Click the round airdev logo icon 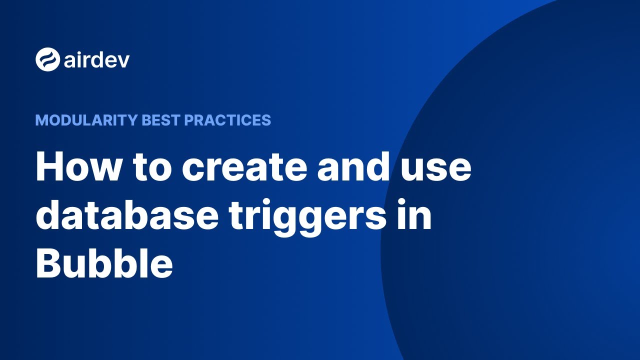47,59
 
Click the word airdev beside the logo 96,60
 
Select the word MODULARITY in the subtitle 86,120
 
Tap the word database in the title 127,215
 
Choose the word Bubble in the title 104,263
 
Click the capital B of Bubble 48,263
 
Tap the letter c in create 193,170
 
